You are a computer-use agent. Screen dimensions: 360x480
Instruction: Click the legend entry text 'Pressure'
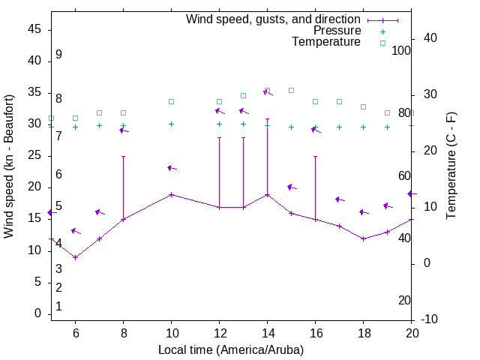point(337,31)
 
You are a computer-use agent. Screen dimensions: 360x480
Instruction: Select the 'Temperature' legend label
point(326,42)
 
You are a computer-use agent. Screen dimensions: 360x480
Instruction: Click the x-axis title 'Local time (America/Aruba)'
point(231,349)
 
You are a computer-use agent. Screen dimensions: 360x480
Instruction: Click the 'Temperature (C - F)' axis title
point(451,166)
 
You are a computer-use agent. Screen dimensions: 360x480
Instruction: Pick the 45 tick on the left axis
point(34,28)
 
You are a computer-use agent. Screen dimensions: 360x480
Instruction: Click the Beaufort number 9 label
point(58,55)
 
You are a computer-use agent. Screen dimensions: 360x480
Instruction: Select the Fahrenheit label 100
point(401,51)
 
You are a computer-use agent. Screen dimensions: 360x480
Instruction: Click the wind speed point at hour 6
point(75,257)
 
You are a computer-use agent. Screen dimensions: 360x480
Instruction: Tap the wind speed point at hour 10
point(171,194)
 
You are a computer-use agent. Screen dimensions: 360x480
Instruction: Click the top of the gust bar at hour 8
point(123,157)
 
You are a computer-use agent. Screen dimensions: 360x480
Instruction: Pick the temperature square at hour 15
point(291,90)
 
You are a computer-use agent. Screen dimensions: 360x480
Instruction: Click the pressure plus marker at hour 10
point(171,124)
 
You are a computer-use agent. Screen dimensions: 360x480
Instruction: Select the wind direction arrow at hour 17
point(340,199)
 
